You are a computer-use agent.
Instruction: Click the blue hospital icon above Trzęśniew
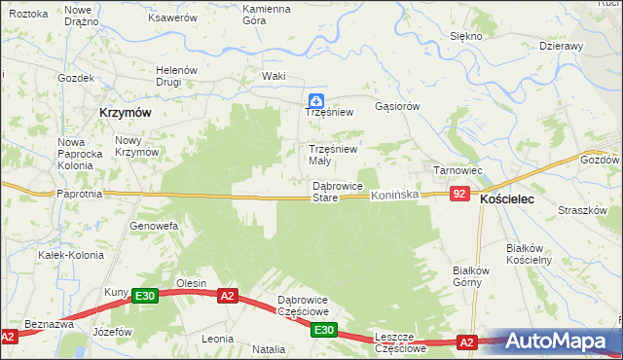pyautogui.click(x=316, y=99)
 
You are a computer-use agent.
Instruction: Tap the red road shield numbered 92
pyautogui.click(x=461, y=196)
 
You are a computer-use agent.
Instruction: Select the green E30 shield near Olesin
pyautogui.click(x=144, y=296)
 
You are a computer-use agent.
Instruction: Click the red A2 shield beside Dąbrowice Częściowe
pyautogui.click(x=227, y=296)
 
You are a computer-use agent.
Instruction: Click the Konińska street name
pyautogui.click(x=394, y=196)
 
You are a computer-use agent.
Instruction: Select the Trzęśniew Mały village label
pyautogui.click(x=333, y=155)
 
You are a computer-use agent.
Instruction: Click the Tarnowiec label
pyautogui.click(x=458, y=170)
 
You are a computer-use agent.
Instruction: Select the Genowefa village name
pyautogui.click(x=154, y=226)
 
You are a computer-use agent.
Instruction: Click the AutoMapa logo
pyautogui.click(x=562, y=342)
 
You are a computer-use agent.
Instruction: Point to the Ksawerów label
pyautogui.click(x=172, y=18)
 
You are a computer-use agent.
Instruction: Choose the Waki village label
pyautogui.click(x=274, y=76)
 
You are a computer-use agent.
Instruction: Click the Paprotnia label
pyautogui.click(x=81, y=194)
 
